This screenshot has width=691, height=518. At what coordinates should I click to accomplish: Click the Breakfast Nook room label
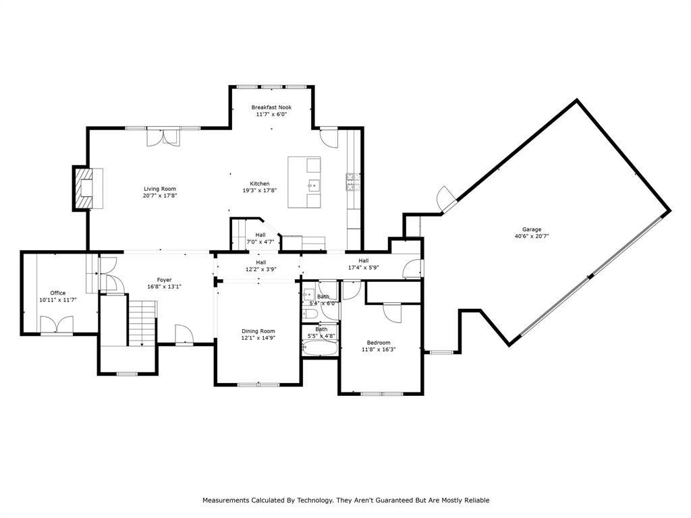(x=271, y=107)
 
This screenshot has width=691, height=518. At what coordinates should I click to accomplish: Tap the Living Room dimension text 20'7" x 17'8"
(x=160, y=196)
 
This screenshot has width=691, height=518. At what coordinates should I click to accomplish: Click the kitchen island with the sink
(x=304, y=183)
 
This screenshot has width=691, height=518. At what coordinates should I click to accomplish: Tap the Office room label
(x=58, y=293)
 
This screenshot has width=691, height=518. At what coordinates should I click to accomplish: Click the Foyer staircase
(x=142, y=323)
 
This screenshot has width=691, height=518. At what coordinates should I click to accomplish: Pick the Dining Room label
(x=258, y=330)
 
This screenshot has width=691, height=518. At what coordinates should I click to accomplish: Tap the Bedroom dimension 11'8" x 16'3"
(x=378, y=349)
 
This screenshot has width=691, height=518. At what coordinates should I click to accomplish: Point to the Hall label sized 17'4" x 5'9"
(x=364, y=260)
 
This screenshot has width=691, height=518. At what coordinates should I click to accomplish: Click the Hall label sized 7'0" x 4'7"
(x=260, y=235)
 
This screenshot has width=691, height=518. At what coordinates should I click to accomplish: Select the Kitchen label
(x=260, y=183)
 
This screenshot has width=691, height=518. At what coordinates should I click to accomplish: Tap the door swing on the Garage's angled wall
(x=445, y=198)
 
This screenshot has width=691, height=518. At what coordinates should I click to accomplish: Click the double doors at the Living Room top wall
(x=163, y=136)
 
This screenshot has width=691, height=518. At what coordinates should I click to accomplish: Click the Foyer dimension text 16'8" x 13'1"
(x=164, y=287)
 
